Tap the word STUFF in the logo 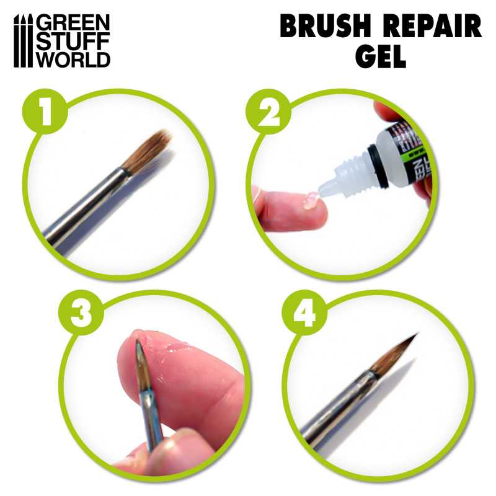pyautogui.click(x=73, y=41)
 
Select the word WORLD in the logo pyautogui.click(x=73, y=60)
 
